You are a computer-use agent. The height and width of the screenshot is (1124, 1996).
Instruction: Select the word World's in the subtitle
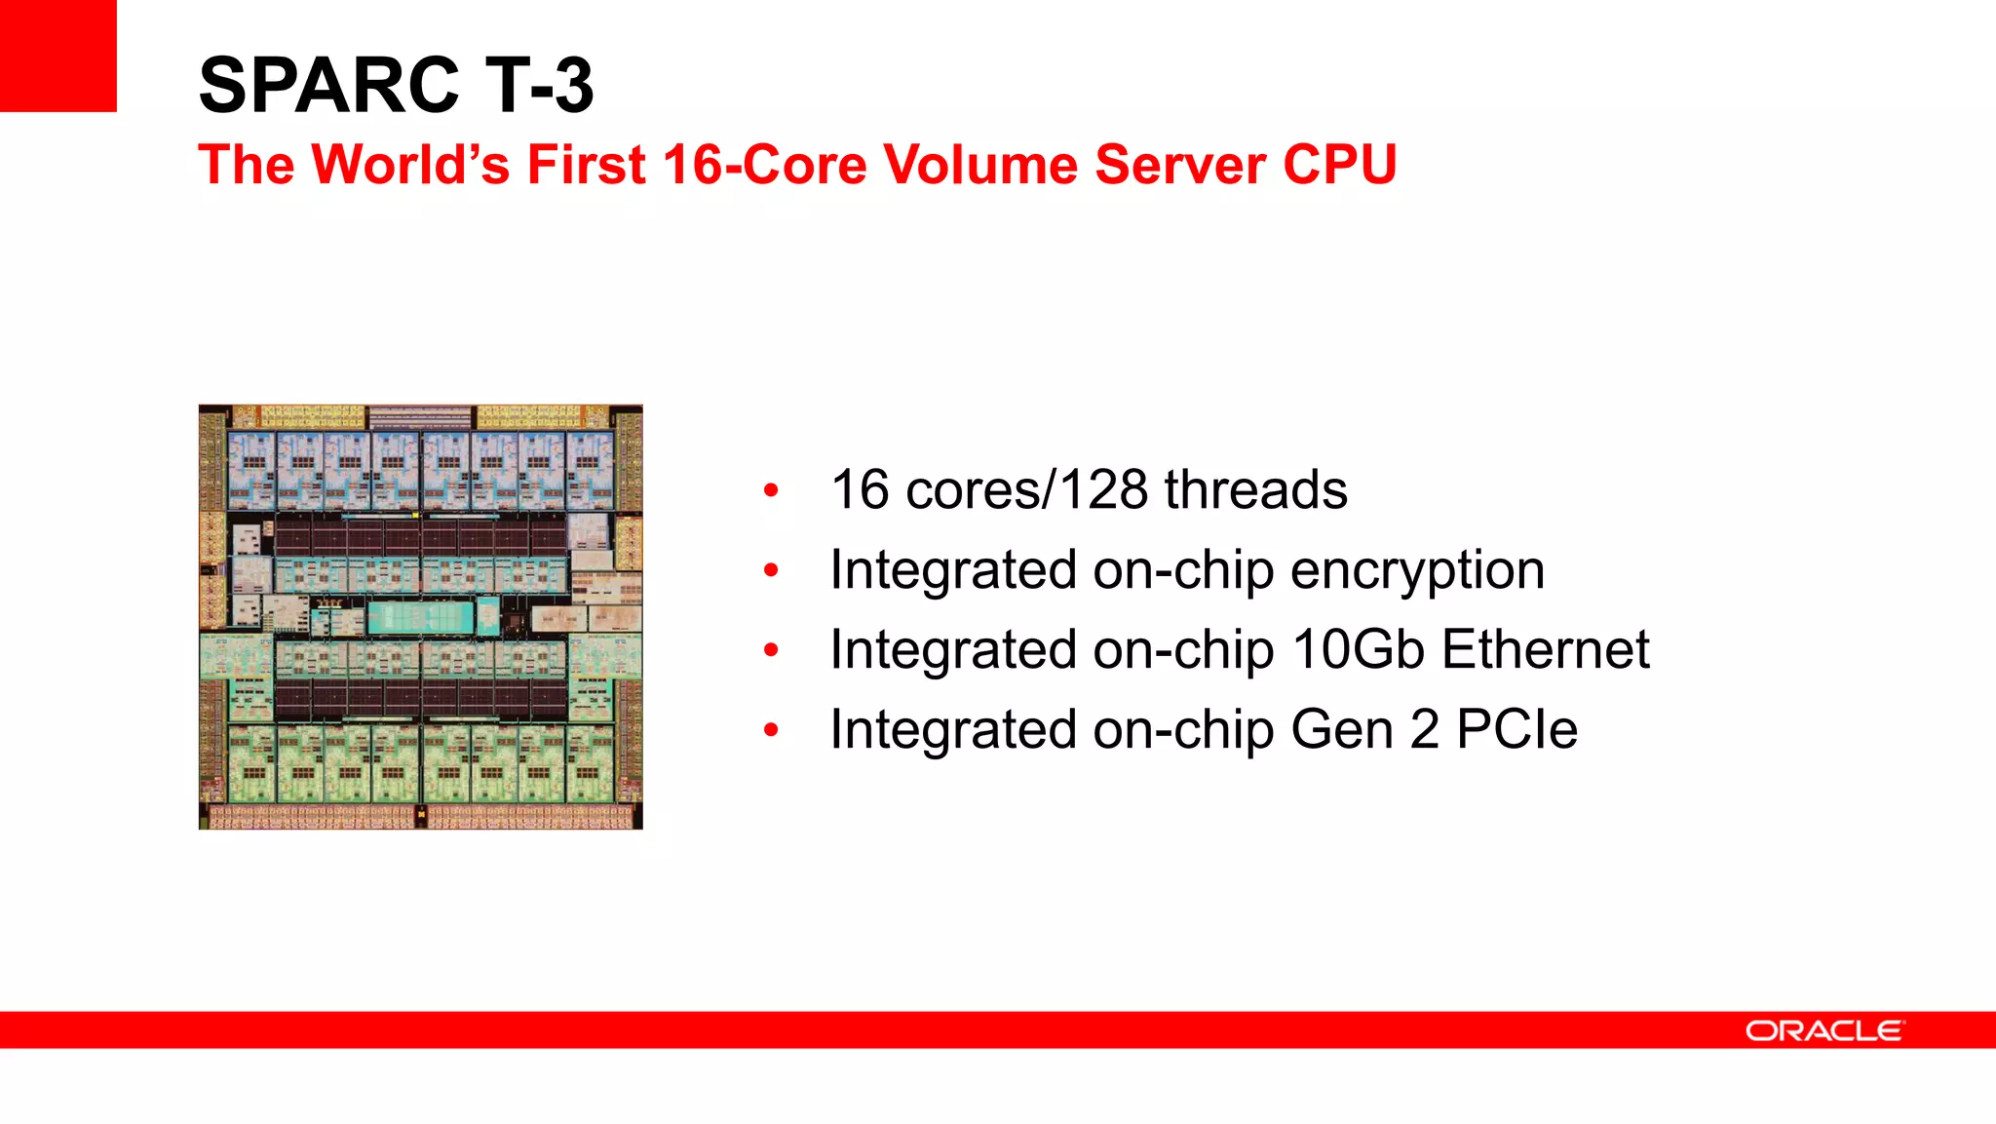[410, 164]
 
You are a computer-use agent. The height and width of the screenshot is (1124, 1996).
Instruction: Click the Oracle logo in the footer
[1823, 1030]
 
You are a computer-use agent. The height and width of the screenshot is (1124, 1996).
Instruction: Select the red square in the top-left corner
[58, 56]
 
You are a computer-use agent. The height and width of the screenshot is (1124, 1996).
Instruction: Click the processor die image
[420, 617]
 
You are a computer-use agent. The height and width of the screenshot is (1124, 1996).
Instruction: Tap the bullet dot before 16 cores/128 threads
[771, 490]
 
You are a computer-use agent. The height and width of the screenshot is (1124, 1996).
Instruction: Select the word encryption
[1417, 571]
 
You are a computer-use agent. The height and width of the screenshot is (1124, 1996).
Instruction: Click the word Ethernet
[1546, 649]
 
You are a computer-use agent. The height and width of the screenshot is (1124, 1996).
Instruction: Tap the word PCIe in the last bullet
[1516, 729]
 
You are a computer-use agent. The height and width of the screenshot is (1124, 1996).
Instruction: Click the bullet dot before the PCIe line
[771, 730]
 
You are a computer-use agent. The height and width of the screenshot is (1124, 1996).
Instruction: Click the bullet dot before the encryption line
[771, 570]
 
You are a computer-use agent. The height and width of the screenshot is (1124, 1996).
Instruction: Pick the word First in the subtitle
[586, 164]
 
